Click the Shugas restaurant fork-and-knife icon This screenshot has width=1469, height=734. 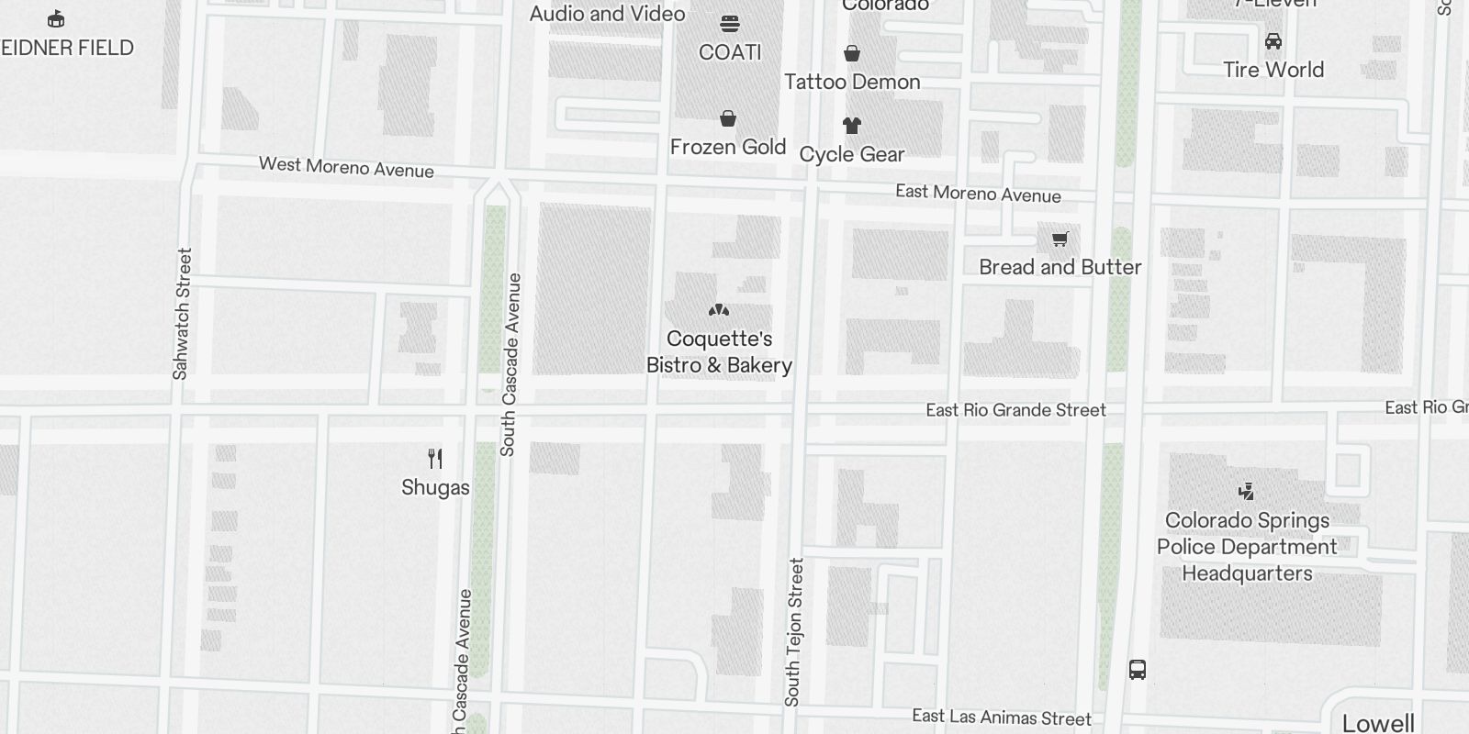435,459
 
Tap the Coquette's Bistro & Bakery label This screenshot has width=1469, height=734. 719,352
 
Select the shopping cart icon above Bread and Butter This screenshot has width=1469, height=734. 1060,239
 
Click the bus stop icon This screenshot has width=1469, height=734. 1138,670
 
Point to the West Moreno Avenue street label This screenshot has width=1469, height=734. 346,167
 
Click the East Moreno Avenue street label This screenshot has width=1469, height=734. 978,194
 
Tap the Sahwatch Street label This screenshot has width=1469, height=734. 182,314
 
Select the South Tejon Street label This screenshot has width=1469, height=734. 794,632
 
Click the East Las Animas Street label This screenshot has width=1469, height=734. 1002,717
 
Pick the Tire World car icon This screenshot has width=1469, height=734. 1273,41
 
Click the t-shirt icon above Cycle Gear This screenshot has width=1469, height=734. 852,126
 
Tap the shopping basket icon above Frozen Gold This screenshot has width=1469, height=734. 728,118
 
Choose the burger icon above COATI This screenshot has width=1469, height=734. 730,24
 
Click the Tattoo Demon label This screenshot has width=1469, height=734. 852,82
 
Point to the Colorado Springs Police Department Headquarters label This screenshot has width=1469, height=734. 1247,547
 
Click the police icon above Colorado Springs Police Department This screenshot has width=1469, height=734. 1246,492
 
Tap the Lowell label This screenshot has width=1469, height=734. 1378,723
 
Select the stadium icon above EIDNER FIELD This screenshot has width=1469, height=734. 56,18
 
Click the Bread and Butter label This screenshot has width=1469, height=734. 1060,267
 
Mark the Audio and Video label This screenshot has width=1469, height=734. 607,14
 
